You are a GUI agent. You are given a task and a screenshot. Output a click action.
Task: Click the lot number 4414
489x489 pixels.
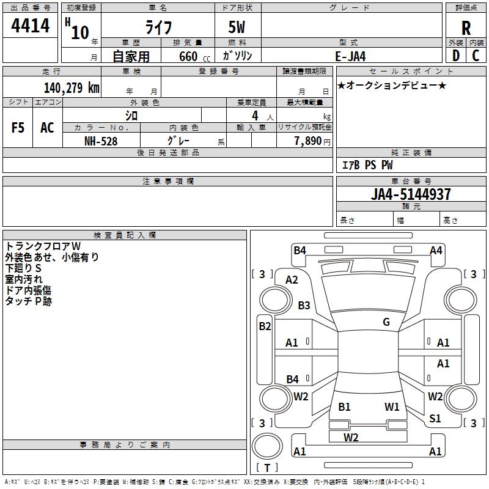pos(30,26)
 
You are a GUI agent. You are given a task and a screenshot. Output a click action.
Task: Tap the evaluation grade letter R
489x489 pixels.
pos(466,28)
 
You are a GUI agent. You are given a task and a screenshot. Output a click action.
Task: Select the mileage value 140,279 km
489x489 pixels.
pos(71,88)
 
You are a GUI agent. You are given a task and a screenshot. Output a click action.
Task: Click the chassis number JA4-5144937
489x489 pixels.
pos(411,194)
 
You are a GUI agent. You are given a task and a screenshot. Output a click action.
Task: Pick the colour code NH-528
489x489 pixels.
pos(101,141)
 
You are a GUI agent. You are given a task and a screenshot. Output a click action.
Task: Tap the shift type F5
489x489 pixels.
pos(18,127)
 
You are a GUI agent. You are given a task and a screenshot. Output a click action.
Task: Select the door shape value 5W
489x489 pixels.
pos(238,28)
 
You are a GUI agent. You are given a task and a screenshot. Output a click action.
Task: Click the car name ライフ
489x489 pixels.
pos(158,28)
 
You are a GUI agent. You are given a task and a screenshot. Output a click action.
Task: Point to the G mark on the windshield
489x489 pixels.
pos(386,322)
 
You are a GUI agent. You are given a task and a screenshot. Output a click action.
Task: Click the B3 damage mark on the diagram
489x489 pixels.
pos(304,305)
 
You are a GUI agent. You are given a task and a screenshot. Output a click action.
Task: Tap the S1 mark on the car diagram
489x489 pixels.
pos(435,418)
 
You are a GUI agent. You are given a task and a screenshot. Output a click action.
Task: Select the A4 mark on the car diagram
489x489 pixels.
pos(436,250)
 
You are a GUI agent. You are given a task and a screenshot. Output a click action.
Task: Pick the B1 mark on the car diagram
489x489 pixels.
pos(344,406)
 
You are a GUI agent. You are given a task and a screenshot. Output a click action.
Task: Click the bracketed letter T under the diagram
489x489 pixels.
pos(267,468)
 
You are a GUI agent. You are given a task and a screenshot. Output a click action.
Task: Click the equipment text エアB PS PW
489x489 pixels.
pos(367,166)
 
